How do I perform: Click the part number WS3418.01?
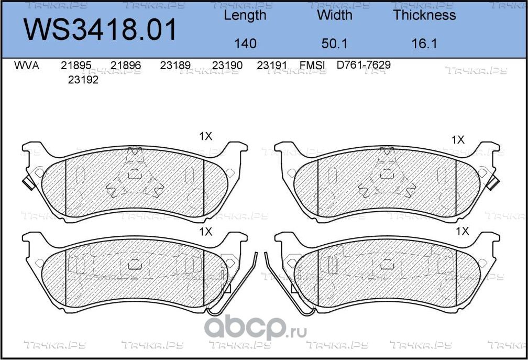point(101,30)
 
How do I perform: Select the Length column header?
point(245,15)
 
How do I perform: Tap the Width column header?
point(334,15)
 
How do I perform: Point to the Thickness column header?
point(424,15)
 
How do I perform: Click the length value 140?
point(245,43)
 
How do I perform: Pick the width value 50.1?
point(334,43)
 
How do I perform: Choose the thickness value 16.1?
point(424,43)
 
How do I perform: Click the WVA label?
point(27,66)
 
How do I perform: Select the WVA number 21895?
point(76,66)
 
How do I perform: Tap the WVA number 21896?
point(126,66)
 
